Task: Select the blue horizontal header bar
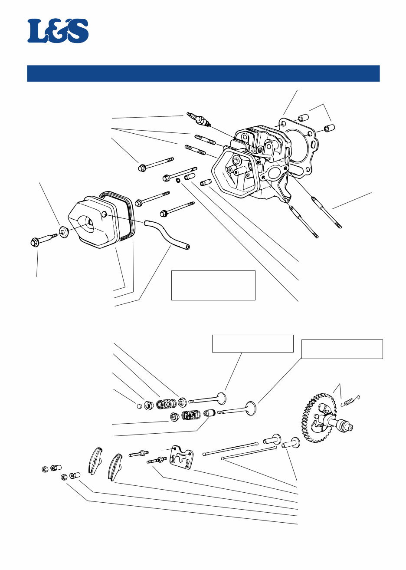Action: coord(203,73)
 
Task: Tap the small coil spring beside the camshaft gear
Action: coord(351,402)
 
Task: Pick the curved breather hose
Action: coord(167,234)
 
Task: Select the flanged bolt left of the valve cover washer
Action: coord(41,240)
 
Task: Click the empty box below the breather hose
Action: coord(213,285)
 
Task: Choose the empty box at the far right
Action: coord(342,349)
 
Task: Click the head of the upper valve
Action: coord(222,398)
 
